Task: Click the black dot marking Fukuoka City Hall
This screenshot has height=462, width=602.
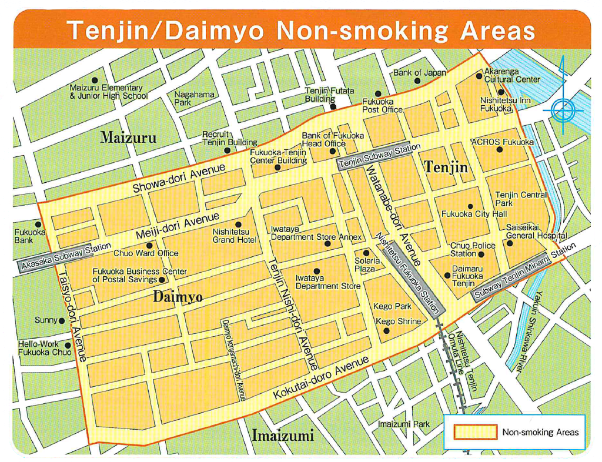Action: click(470, 206)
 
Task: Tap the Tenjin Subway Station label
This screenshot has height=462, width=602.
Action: click(379, 156)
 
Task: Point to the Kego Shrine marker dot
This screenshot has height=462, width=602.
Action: click(386, 330)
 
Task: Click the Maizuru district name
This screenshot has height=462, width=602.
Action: click(128, 138)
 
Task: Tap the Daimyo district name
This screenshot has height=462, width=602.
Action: click(178, 296)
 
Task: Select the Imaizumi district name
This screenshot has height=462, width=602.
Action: click(283, 436)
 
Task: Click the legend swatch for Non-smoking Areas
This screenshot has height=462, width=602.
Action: click(476, 432)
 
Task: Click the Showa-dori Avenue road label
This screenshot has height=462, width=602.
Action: click(179, 179)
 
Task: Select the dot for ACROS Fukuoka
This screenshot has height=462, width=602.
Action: click(499, 149)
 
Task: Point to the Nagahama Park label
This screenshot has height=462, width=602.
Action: click(186, 98)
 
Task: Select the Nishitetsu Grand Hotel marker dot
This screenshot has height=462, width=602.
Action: click(238, 224)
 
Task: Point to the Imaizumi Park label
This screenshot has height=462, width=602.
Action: click(403, 424)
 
